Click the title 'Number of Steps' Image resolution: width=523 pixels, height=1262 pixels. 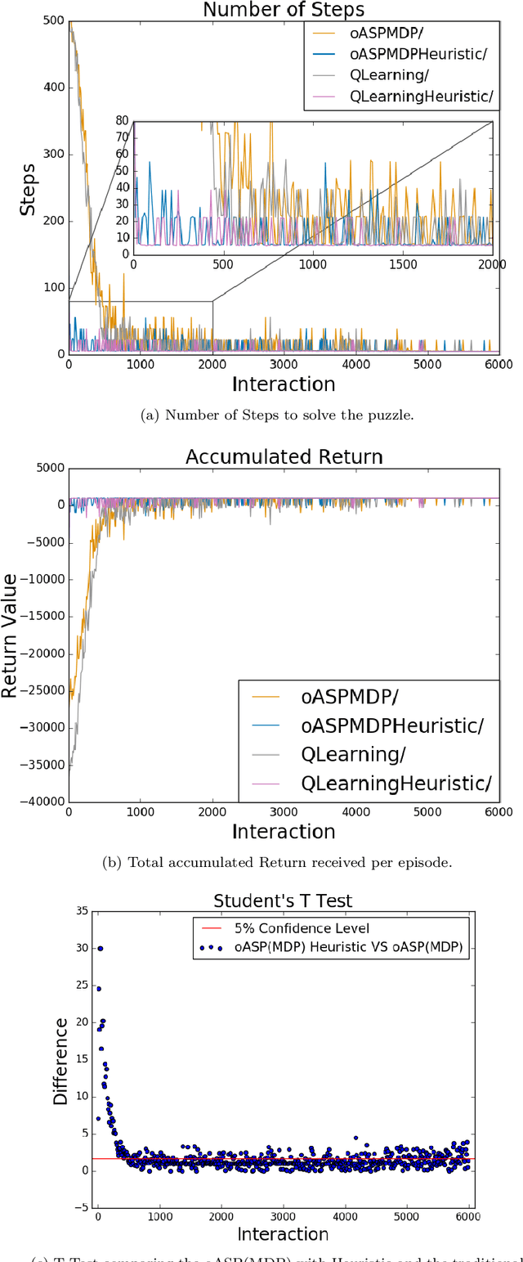point(283,11)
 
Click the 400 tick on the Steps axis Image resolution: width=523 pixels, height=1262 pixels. point(54,88)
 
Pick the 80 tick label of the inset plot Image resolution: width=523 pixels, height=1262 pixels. point(122,121)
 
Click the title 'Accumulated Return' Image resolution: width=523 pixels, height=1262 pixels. point(284,456)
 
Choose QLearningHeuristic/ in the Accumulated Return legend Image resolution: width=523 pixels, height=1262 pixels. point(396,783)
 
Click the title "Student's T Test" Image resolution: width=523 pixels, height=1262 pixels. point(283,900)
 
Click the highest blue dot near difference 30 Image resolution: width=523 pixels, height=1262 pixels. point(100,949)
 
